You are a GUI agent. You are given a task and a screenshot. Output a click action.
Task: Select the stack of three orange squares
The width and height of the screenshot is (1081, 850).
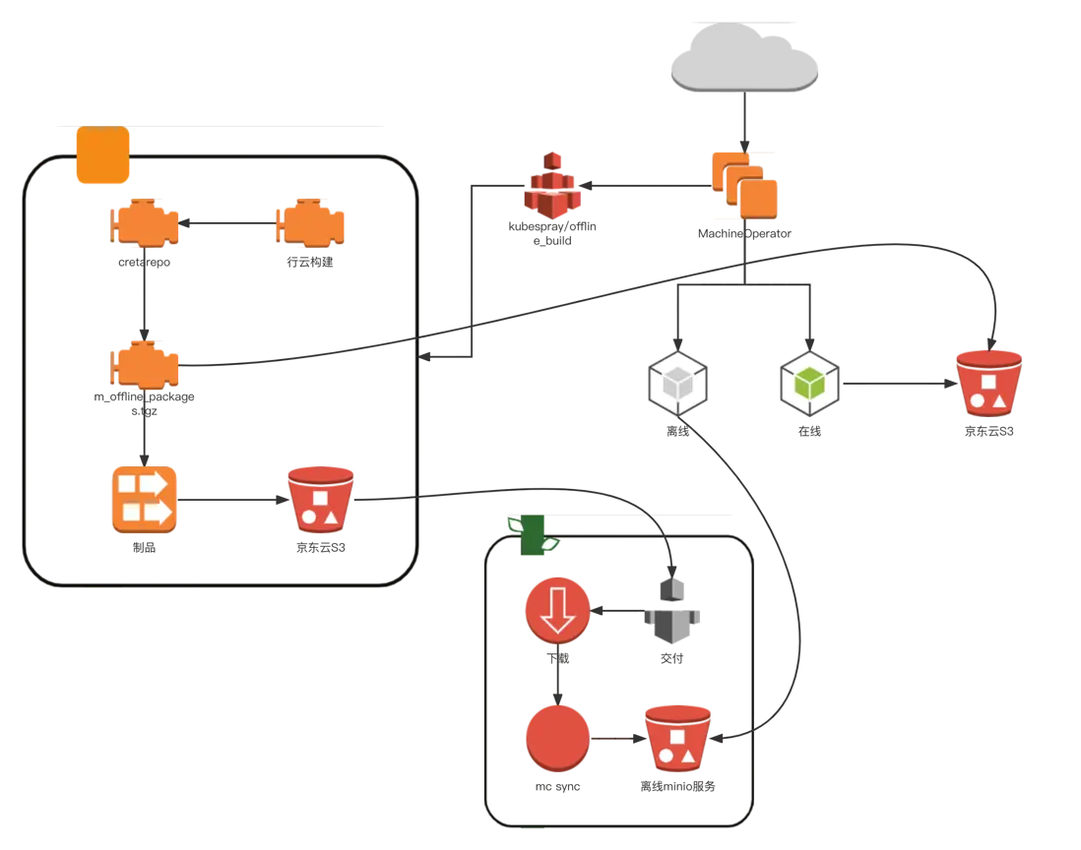[744, 184]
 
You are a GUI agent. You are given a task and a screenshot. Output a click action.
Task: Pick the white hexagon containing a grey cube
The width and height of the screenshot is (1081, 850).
[677, 383]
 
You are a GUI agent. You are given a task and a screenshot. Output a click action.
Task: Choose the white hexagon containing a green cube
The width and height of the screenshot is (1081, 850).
[809, 383]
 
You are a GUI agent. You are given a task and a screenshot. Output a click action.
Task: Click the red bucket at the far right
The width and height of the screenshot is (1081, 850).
[987, 383]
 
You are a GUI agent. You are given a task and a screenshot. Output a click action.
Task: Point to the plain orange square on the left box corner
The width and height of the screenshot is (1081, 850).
[102, 155]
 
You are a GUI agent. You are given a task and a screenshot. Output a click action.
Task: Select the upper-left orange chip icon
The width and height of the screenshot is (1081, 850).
[146, 224]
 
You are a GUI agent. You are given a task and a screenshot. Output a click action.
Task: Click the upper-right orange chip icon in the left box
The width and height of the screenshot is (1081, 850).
[310, 224]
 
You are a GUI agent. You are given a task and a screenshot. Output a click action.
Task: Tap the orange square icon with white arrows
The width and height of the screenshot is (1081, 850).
[145, 499]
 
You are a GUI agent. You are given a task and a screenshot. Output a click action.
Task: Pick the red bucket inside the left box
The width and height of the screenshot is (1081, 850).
[319, 499]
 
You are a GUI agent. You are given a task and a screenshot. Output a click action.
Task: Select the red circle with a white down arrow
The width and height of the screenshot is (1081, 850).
[556, 609]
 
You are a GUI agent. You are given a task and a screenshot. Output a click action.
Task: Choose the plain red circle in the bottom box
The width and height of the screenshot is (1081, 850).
[556, 738]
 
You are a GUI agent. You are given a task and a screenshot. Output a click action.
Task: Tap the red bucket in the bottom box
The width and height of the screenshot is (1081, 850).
[677, 738]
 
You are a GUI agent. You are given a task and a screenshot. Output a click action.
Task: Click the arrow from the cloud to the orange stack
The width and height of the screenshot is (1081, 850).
[743, 120]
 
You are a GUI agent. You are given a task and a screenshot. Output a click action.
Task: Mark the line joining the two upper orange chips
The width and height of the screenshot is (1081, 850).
[227, 224]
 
